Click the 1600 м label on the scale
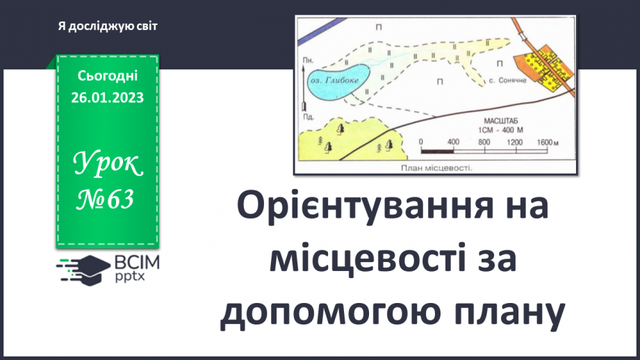[x=547, y=142]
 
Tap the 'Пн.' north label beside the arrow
[x=306, y=61]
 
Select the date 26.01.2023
[x=107, y=98]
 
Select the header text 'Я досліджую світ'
[x=108, y=26]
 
